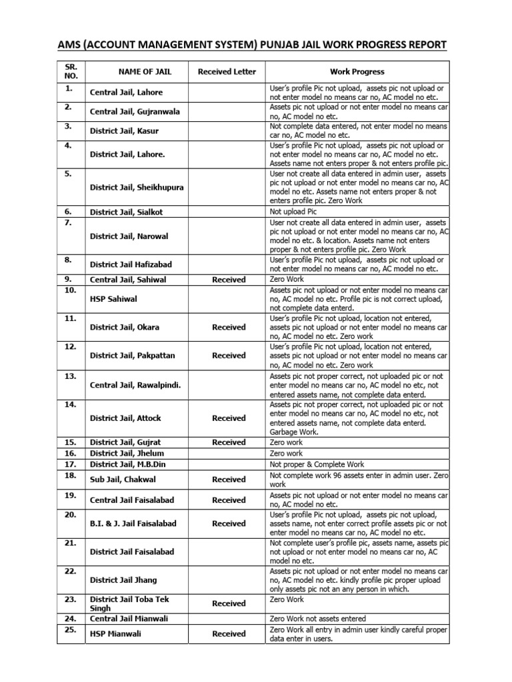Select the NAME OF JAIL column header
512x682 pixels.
click(137, 71)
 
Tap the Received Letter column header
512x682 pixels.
click(227, 71)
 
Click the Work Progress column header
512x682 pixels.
click(357, 71)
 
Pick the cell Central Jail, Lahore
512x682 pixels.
click(126, 93)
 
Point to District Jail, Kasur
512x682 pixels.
click(124, 131)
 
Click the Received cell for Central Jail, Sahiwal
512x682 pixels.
click(229, 280)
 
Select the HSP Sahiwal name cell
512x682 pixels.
click(113, 299)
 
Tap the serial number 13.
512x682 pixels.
click(69, 376)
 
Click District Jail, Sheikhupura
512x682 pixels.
click(137, 187)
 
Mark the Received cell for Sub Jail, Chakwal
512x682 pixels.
click(229, 479)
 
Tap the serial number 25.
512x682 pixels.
click(69, 629)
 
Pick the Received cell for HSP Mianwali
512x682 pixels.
click(229, 634)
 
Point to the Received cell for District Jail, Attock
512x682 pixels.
click(229, 418)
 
